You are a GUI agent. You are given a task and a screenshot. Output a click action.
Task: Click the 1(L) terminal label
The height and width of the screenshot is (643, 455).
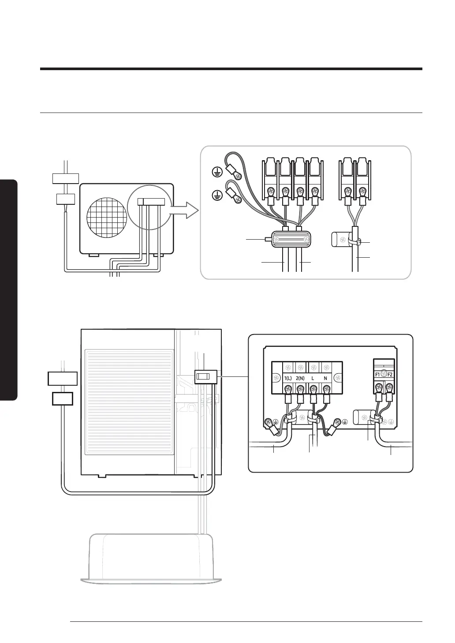coord(288,379)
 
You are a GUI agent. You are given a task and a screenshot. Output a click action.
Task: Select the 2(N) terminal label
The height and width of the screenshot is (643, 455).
coord(301,379)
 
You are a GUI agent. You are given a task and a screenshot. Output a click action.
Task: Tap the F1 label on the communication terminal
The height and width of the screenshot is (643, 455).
coord(377,374)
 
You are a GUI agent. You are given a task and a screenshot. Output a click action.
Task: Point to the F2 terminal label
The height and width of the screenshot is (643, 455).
coord(390,374)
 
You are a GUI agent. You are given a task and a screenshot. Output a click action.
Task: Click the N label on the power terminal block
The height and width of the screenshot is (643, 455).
coord(326,379)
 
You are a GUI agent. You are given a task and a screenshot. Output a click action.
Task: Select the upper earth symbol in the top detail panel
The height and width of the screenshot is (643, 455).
coord(216,172)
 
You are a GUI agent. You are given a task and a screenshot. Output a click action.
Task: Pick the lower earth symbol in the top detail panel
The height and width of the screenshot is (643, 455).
coord(216,194)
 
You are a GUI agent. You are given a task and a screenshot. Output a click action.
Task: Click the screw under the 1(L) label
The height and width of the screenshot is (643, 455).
coord(288,389)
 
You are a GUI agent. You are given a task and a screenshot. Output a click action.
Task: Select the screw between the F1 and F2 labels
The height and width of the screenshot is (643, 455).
coord(384,374)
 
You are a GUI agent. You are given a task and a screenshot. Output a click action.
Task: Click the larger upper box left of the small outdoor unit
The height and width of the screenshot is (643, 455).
coord(66,178)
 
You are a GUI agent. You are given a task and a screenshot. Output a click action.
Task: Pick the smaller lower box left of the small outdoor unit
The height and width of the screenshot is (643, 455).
coord(65,199)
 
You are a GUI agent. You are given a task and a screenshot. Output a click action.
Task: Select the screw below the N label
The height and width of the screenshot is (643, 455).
coord(327,389)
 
